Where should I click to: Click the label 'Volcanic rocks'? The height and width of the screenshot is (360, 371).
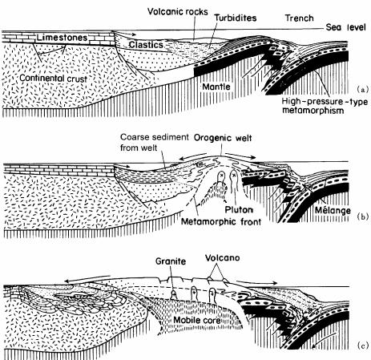(x=178, y=12)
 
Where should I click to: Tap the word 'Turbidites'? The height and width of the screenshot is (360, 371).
(x=236, y=18)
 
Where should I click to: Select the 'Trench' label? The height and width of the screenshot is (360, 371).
(x=299, y=18)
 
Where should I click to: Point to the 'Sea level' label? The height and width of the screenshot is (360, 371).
(x=345, y=27)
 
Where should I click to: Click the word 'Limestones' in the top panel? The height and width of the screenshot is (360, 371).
(x=62, y=38)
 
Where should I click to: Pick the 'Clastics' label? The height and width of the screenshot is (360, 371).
(x=146, y=45)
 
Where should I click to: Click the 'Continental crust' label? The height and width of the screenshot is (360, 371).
(x=54, y=79)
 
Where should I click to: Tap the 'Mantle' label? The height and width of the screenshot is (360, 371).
(x=216, y=87)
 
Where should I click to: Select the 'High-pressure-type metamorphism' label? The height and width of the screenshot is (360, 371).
(x=325, y=106)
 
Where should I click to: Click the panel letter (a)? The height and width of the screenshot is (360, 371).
(x=363, y=90)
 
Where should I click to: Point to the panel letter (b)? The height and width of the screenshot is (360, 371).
(x=363, y=216)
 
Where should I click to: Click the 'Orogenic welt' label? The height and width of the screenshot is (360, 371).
(x=223, y=138)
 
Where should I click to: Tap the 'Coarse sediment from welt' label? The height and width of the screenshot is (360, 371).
(x=155, y=143)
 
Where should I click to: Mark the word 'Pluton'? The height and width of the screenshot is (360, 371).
(x=239, y=209)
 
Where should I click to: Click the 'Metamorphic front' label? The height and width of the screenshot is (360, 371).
(x=221, y=221)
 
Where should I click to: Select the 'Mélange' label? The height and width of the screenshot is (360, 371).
(x=333, y=210)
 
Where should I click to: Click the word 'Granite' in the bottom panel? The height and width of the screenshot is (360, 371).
(x=171, y=261)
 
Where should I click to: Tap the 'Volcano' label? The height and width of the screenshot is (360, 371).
(x=222, y=258)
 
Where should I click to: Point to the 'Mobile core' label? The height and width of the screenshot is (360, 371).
(x=197, y=320)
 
